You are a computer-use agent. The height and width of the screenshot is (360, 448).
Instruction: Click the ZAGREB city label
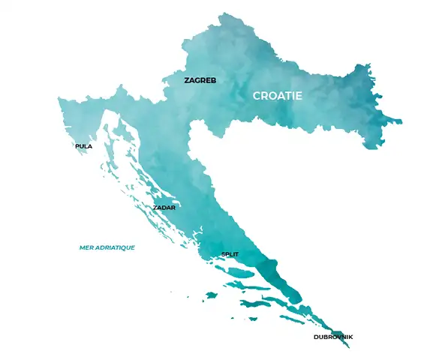point(200,79)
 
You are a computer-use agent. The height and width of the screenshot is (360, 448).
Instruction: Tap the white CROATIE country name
point(277,96)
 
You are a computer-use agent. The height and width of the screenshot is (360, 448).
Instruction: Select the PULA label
point(83,146)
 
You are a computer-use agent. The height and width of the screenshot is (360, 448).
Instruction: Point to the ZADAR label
point(164,207)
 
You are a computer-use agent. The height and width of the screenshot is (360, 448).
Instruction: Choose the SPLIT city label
point(230,255)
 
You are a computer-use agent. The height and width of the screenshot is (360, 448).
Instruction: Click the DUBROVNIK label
point(332,337)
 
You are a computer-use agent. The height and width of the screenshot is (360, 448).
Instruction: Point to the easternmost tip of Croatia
point(399,120)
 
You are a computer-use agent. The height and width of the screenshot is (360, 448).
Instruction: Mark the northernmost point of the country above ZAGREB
point(223,13)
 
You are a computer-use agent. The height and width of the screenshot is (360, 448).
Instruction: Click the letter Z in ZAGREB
point(187,79)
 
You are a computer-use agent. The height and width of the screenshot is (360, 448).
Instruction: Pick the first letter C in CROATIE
point(257,96)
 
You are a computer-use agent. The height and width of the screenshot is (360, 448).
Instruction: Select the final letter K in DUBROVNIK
point(350,337)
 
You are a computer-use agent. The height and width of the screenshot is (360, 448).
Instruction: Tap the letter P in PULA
point(77,146)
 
